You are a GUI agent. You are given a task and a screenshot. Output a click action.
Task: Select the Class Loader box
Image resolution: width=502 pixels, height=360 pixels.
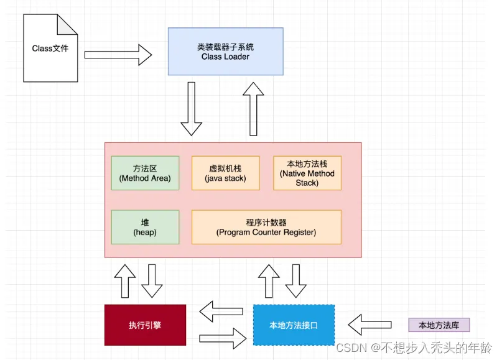click(225, 52)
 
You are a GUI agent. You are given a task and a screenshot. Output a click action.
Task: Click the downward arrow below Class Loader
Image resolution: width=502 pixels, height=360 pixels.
click(192, 109)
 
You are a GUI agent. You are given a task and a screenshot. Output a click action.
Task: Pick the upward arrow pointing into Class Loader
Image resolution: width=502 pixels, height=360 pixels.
click(253, 108)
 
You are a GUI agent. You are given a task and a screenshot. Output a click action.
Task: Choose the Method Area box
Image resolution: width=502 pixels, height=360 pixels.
click(145, 173)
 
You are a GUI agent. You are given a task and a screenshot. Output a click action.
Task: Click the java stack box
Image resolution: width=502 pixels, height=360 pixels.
click(225, 173)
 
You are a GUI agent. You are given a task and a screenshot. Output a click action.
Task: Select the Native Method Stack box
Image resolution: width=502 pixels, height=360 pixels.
click(307, 173)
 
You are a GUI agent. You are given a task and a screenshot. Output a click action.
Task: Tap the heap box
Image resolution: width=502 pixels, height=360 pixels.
click(145, 227)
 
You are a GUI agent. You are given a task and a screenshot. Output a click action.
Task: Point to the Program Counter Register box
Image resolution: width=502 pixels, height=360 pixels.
click(266, 227)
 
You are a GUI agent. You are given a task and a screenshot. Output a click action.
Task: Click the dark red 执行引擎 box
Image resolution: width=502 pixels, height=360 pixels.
click(145, 325)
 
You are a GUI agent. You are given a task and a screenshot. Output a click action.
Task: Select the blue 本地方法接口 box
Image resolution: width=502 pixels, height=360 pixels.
click(294, 325)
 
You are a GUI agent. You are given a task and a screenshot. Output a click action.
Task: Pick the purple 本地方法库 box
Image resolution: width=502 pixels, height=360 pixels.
click(439, 325)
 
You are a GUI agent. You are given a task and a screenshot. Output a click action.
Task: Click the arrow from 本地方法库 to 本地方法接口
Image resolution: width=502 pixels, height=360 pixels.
click(370, 324)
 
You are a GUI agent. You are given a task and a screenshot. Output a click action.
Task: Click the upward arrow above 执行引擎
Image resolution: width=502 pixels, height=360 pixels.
click(125, 280)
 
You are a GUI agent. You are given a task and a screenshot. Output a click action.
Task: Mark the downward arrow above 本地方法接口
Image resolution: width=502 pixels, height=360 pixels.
click(296, 280)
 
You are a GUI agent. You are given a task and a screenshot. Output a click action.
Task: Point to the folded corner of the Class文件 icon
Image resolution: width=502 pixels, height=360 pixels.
click(68, 25)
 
